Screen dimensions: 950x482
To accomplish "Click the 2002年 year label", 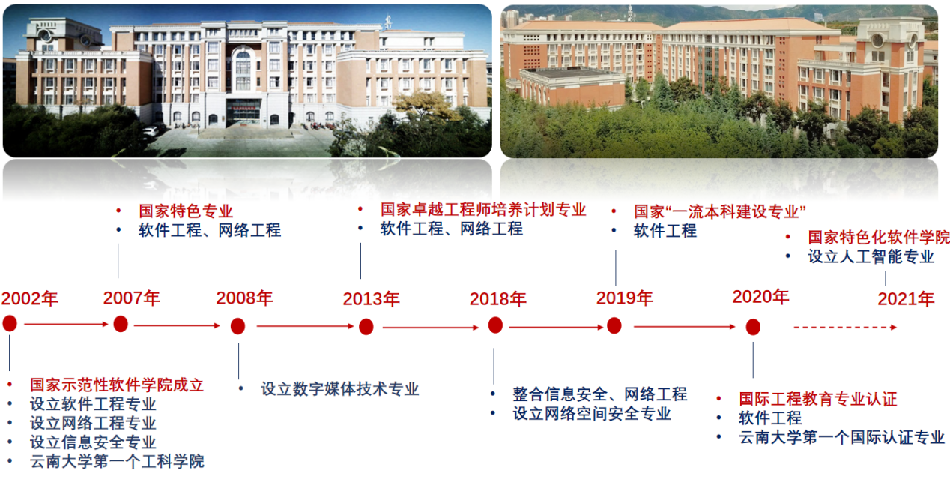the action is (x=30, y=298).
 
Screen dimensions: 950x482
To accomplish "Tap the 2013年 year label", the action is (x=371, y=299).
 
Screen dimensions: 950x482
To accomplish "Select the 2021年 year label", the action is (x=906, y=299).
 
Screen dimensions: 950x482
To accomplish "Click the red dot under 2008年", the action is (x=238, y=326).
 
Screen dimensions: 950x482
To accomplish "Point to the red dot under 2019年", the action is (x=614, y=326).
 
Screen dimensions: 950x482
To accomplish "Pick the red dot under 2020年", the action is (x=753, y=327).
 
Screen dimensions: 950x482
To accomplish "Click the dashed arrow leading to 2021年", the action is (x=845, y=327).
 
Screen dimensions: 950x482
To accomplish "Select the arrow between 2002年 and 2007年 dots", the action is (x=66, y=324).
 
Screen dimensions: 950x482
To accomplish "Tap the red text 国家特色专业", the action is (x=186, y=211).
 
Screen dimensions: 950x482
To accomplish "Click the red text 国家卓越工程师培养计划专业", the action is (x=483, y=209).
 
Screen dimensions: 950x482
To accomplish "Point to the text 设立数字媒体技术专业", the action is (x=339, y=388).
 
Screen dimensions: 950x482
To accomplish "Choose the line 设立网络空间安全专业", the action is (x=592, y=413).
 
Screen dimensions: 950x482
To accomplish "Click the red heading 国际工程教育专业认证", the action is (x=818, y=399).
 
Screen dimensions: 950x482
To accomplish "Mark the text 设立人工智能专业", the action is (x=871, y=256).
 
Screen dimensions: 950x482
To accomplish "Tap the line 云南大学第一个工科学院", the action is (x=117, y=461).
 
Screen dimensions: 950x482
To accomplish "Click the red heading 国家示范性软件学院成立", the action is (x=117, y=385).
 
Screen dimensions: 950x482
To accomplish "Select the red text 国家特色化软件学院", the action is (x=879, y=237).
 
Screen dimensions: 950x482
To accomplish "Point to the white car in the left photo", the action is (x=150, y=131).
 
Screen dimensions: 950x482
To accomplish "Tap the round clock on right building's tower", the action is (x=877, y=40).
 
